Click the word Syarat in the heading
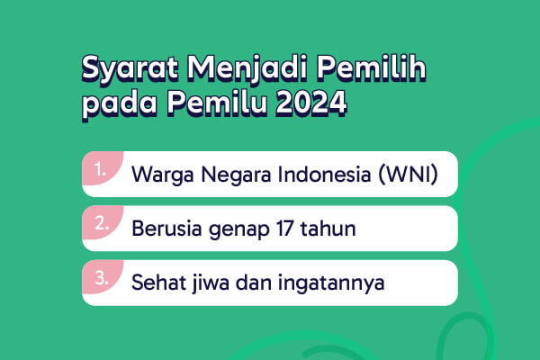[x=130, y=69]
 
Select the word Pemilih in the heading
[x=372, y=67]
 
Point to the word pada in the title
[x=120, y=104]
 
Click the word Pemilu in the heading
[x=217, y=103]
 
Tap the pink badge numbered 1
[x=103, y=168]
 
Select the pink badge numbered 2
[x=103, y=222]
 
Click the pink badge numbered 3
[x=103, y=276]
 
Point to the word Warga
[x=163, y=175]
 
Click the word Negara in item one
[x=236, y=175]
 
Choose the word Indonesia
[x=324, y=174]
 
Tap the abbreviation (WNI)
[x=408, y=174]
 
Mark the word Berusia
[x=166, y=229]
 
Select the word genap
[x=239, y=230]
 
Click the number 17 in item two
[x=284, y=229]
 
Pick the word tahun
[x=328, y=228]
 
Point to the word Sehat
[x=157, y=283]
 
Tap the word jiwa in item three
[x=210, y=283]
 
